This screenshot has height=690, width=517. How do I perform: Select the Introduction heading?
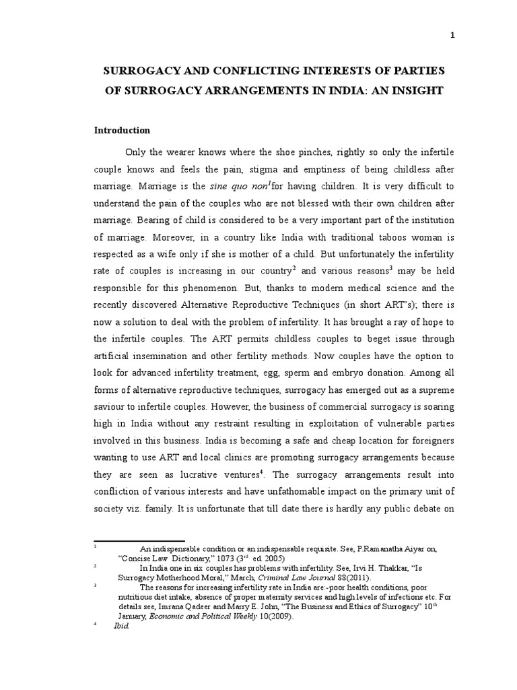pyautogui.click(x=122, y=130)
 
